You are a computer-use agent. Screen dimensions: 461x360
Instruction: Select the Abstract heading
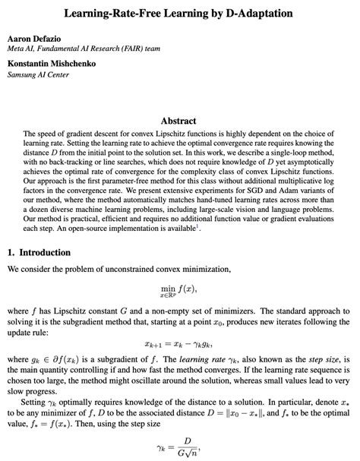click(x=179, y=120)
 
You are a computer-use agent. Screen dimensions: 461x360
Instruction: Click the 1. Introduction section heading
click(x=43, y=251)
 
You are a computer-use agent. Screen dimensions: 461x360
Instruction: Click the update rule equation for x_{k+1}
click(x=179, y=343)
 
